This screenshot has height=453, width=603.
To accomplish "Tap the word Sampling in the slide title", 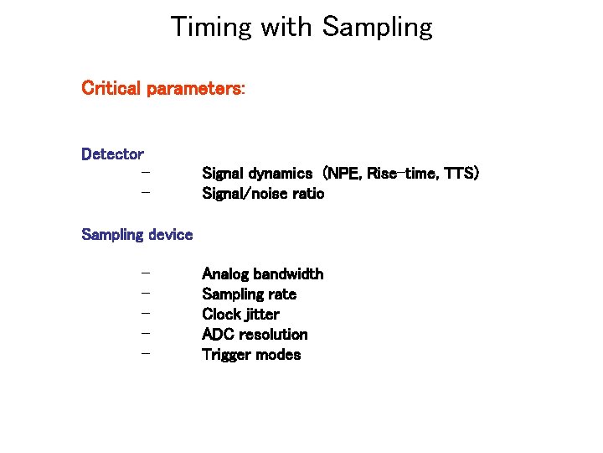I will [x=377, y=28].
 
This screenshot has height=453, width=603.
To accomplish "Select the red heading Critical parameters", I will [x=162, y=88].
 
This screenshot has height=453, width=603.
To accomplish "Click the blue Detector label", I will [x=112, y=154].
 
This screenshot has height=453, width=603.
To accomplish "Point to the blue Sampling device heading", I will [x=137, y=235].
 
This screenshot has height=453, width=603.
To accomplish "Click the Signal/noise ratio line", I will [x=263, y=194].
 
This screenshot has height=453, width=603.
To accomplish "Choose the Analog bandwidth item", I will [x=263, y=274].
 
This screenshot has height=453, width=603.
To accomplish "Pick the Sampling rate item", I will [x=250, y=294].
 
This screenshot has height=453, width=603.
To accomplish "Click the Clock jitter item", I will [x=241, y=315].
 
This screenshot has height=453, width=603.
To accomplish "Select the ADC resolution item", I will [x=255, y=335].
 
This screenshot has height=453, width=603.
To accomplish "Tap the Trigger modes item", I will [x=251, y=355].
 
